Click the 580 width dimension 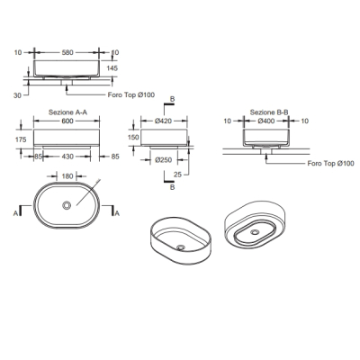coord(67,52)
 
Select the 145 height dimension coord(112,68)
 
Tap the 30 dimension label coord(17,95)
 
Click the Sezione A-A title coord(67,112)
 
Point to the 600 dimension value coord(67,121)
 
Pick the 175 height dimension coord(21,139)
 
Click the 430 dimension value coord(67,157)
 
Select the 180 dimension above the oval coord(67,176)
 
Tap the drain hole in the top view coord(67,205)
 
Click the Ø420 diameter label coord(163,121)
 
